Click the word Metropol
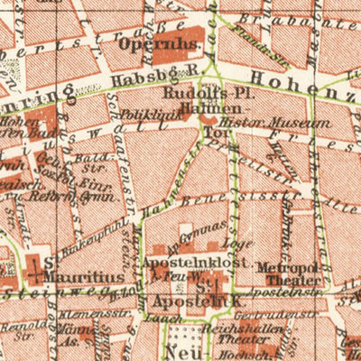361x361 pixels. tap(283, 267)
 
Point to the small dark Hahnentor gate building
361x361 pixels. tap(208, 119)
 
